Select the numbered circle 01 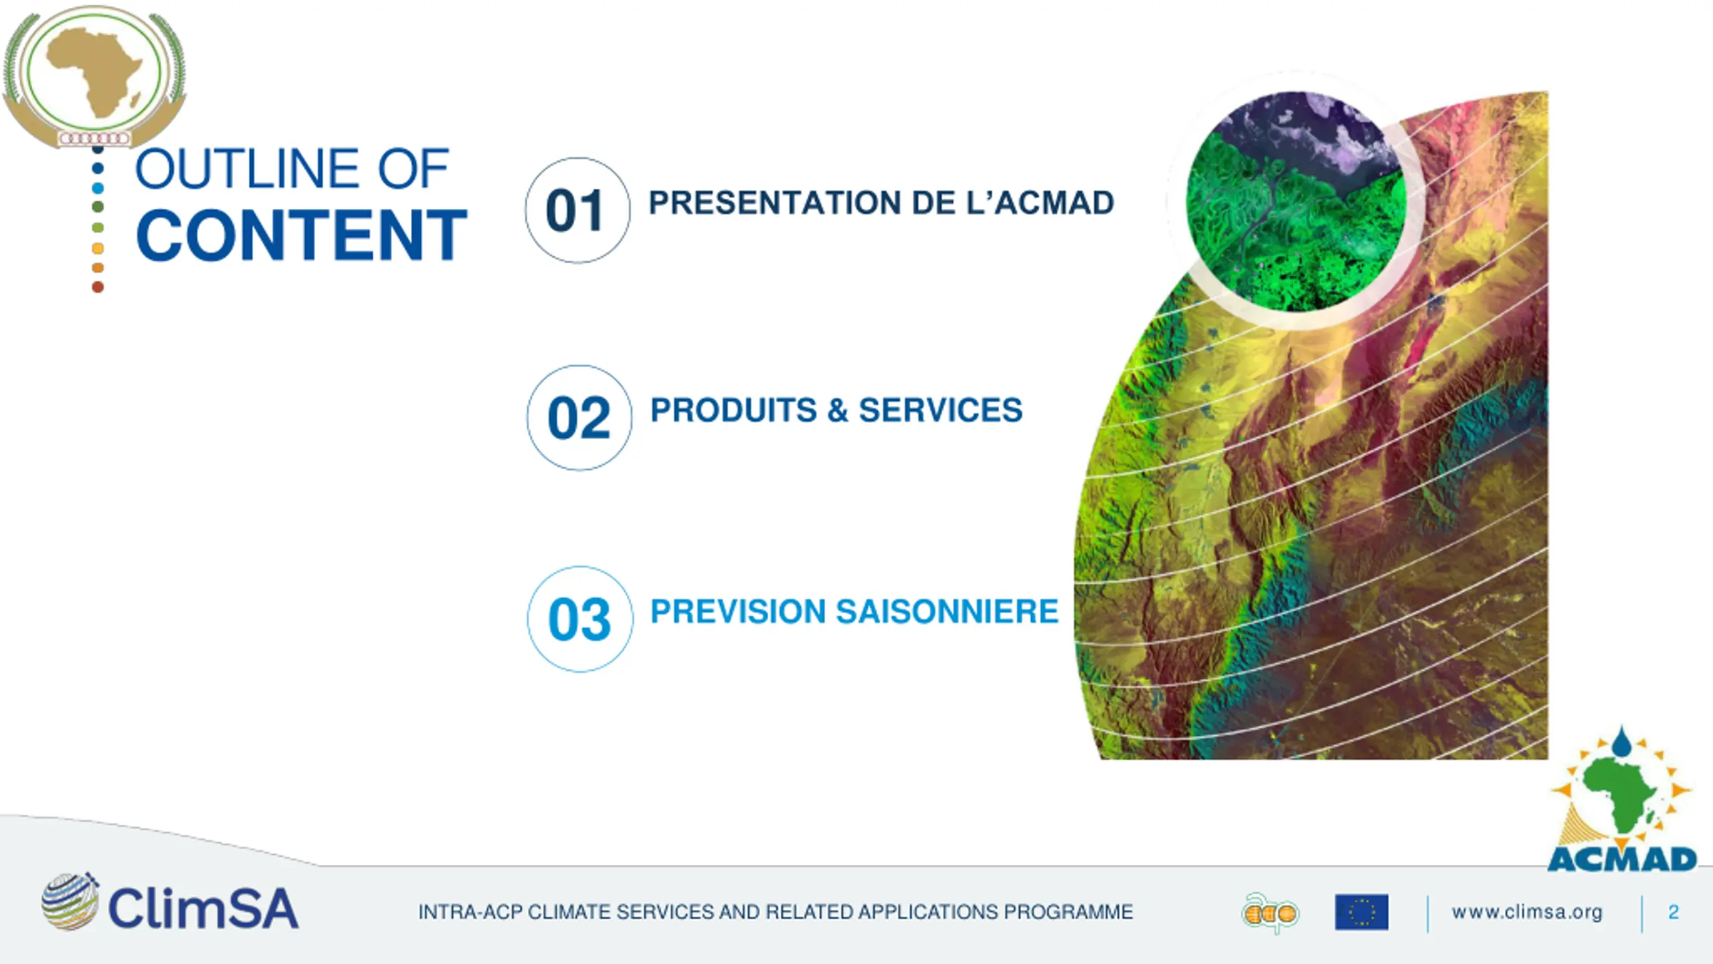(x=577, y=210)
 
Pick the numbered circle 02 (x=579, y=418)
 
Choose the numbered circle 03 (x=579, y=619)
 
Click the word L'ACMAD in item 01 (x=1040, y=203)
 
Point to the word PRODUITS (x=733, y=410)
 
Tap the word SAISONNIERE (x=948, y=612)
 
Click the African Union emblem (x=94, y=76)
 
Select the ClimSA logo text (x=203, y=908)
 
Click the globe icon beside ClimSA (x=70, y=901)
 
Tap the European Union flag (x=1361, y=912)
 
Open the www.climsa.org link (x=1527, y=912)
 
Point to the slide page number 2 (x=1674, y=912)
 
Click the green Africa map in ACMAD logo (x=1625, y=799)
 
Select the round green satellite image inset (x=1296, y=201)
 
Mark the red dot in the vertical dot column (x=98, y=287)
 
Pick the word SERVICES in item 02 (x=941, y=410)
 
